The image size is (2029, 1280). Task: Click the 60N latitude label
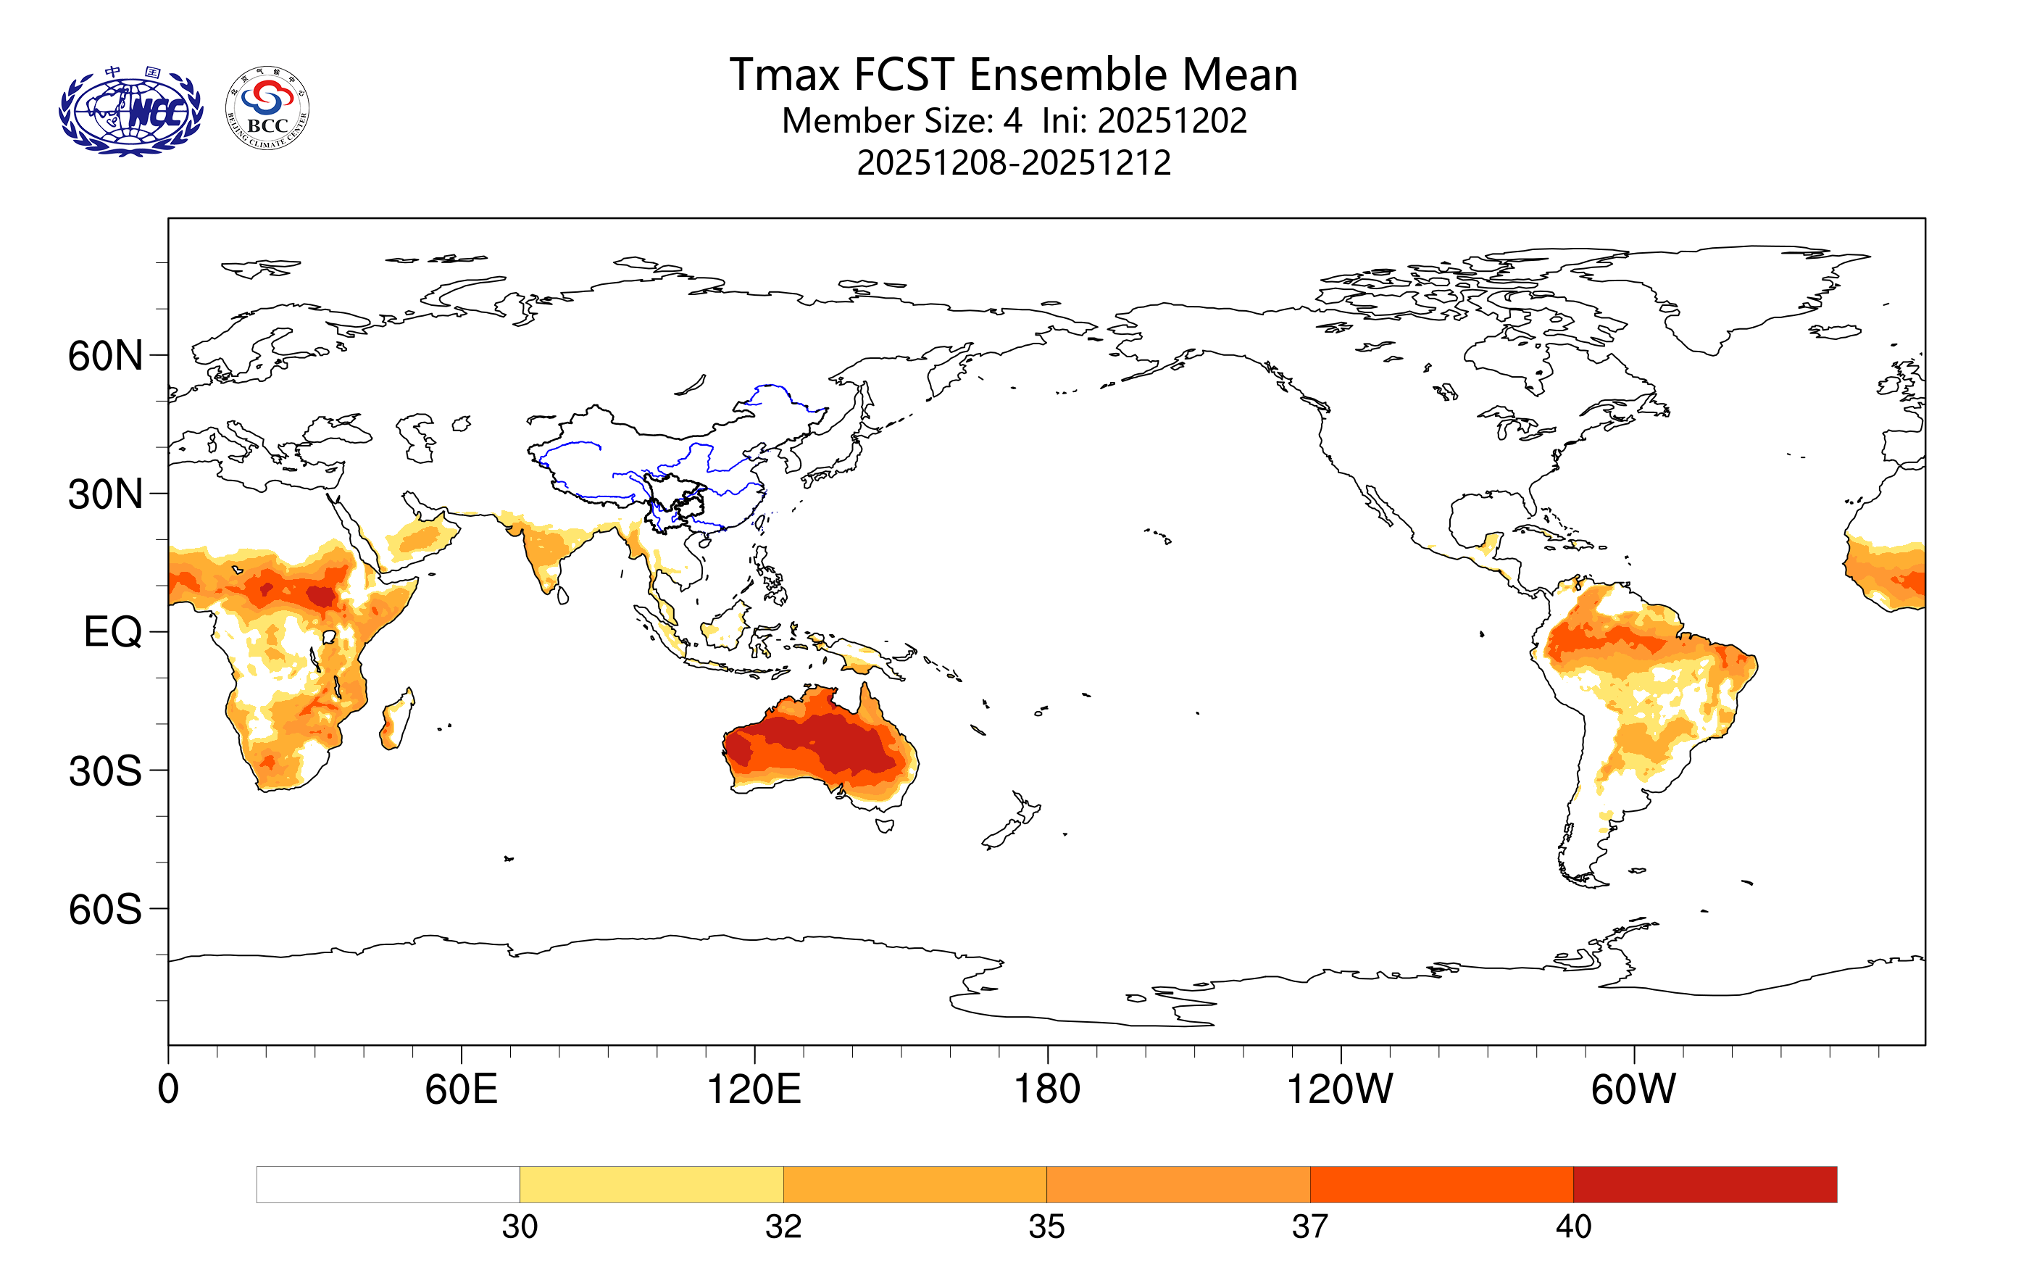(x=105, y=357)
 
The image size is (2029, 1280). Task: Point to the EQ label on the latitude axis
(x=113, y=632)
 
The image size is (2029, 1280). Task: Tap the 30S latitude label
(x=105, y=771)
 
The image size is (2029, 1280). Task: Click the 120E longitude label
(x=754, y=1089)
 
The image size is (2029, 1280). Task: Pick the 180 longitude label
(x=1046, y=1089)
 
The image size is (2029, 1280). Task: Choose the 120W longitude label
(x=1340, y=1089)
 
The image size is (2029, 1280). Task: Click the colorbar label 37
(x=1309, y=1227)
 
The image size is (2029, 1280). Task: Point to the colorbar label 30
(x=519, y=1227)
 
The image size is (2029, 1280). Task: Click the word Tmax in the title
(x=783, y=75)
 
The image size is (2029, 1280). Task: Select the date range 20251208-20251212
(x=1014, y=162)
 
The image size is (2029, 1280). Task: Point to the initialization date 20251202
(x=1172, y=120)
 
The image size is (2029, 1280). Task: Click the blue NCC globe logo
(x=130, y=112)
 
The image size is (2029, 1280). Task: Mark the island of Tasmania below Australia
(x=884, y=825)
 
